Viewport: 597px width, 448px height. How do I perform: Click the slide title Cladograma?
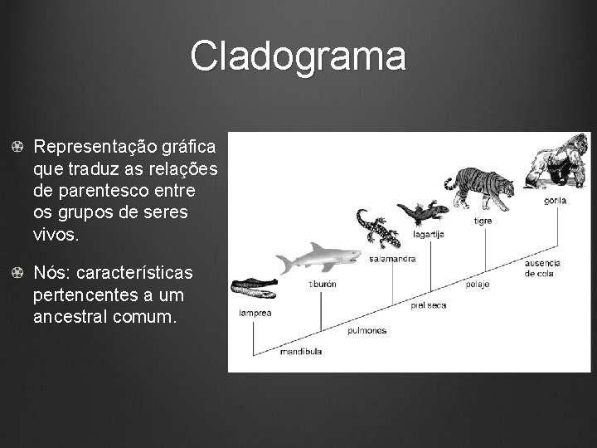click(x=298, y=56)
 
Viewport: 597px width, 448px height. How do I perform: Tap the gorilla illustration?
click(x=552, y=163)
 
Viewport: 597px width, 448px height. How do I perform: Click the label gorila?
click(x=556, y=200)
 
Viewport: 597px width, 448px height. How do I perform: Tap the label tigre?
click(x=482, y=221)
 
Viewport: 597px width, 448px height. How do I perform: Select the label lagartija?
click(x=429, y=235)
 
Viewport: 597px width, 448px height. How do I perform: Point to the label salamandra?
click(x=392, y=259)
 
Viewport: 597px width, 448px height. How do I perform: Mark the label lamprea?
click(x=253, y=314)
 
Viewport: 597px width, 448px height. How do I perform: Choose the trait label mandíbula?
click(x=301, y=351)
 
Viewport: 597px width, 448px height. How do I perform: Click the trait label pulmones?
click(x=366, y=330)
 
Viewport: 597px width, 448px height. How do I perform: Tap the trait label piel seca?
click(x=428, y=304)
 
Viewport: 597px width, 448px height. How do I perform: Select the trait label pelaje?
click(x=477, y=284)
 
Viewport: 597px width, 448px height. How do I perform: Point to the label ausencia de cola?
click(x=542, y=268)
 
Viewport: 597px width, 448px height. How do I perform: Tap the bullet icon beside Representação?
click(x=17, y=147)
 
